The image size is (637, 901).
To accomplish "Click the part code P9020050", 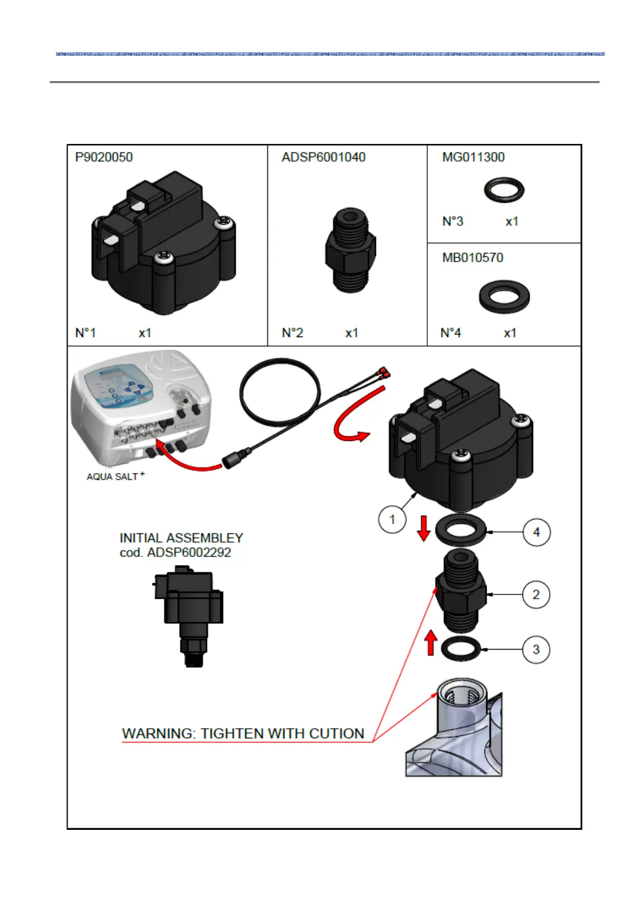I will click(104, 157).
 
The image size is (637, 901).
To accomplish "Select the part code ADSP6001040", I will click(324, 157).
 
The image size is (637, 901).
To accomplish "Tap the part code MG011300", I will click(473, 157).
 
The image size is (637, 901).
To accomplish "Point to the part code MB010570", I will click(473, 258).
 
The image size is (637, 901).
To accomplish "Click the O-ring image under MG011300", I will click(504, 190).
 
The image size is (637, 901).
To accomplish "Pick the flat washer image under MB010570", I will click(504, 296).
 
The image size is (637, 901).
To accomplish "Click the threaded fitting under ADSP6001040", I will click(350, 250).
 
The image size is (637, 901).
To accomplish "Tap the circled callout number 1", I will click(392, 520).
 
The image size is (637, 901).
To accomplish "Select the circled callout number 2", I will click(536, 594).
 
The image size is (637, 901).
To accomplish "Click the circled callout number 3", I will click(536, 650).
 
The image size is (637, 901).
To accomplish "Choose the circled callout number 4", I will click(536, 532).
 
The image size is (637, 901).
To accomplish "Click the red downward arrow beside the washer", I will click(424, 528).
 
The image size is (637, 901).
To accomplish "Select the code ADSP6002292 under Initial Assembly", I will click(189, 553).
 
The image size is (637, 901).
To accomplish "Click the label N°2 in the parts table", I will click(293, 333).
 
